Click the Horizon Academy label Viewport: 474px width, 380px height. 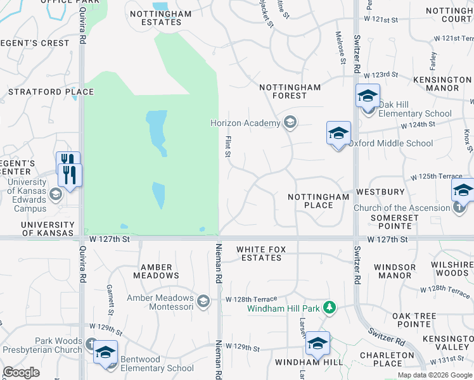point(245,123)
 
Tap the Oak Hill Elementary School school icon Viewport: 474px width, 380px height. point(368,96)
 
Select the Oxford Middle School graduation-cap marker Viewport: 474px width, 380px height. point(338,134)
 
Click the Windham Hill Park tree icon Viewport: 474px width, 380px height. point(329,308)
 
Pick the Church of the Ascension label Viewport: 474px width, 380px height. point(402,208)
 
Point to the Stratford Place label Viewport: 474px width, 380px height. point(51,92)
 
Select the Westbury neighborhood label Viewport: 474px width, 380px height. point(380,191)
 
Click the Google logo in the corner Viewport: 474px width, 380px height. point(21,372)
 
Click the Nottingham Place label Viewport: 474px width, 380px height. point(318,201)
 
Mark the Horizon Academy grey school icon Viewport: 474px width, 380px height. point(290,122)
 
